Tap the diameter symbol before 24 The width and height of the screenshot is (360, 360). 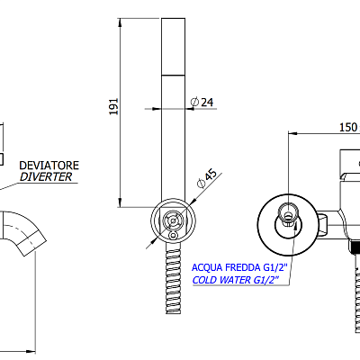tap(194, 102)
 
